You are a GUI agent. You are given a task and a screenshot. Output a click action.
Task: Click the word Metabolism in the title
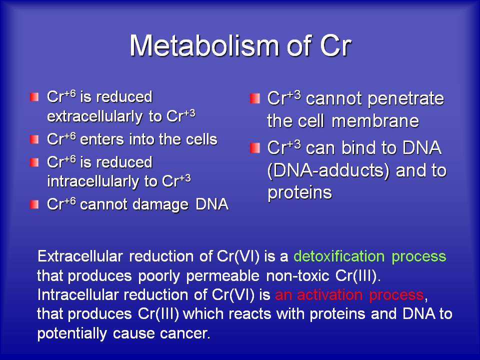[x=204, y=45]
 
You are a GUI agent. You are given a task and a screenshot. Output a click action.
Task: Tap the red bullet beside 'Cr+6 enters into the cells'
[x=34, y=139]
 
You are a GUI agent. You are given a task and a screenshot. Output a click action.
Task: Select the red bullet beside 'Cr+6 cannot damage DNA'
[x=34, y=204]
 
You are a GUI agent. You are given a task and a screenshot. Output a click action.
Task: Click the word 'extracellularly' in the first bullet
[x=95, y=116]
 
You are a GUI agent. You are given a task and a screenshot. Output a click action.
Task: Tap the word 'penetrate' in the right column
[x=405, y=99]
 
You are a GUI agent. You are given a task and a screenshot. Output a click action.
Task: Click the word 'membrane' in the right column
[x=375, y=121]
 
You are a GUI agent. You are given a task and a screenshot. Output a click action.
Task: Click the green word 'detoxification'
[x=339, y=256]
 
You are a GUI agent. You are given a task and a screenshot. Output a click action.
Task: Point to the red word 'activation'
[x=329, y=295]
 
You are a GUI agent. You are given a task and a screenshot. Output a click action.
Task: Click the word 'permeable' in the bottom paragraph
[x=223, y=276]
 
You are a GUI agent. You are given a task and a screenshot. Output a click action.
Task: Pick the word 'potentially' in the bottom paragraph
[x=72, y=333]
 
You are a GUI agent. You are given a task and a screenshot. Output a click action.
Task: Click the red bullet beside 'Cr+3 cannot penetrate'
[x=254, y=98]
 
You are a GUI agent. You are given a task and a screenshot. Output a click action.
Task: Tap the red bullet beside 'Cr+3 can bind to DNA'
[x=254, y=148]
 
